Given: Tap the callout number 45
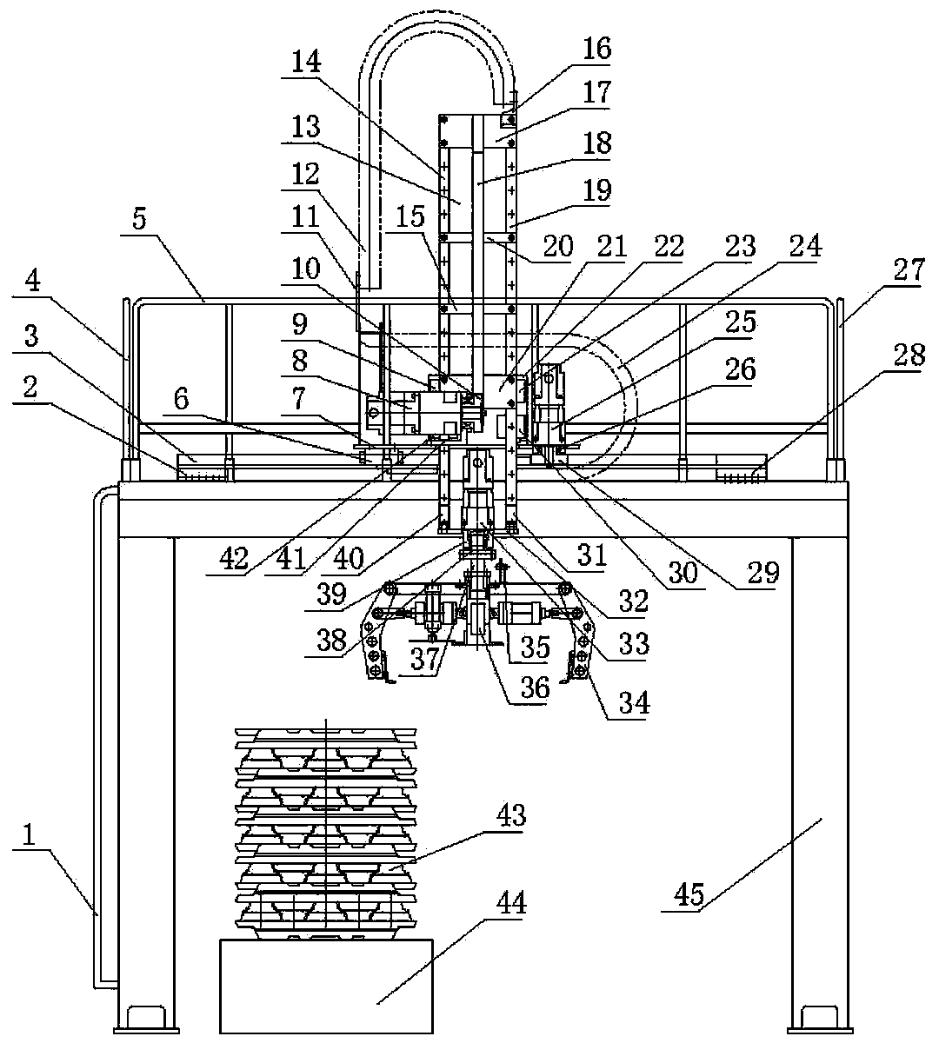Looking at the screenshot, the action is pos(689,895).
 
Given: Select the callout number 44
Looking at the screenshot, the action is pos(511,903).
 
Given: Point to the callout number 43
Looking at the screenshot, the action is pos(511,814).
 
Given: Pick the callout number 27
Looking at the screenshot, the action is pos(909,270).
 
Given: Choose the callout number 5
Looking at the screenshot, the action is pos(139,219).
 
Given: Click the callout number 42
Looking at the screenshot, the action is pos(233,560).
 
